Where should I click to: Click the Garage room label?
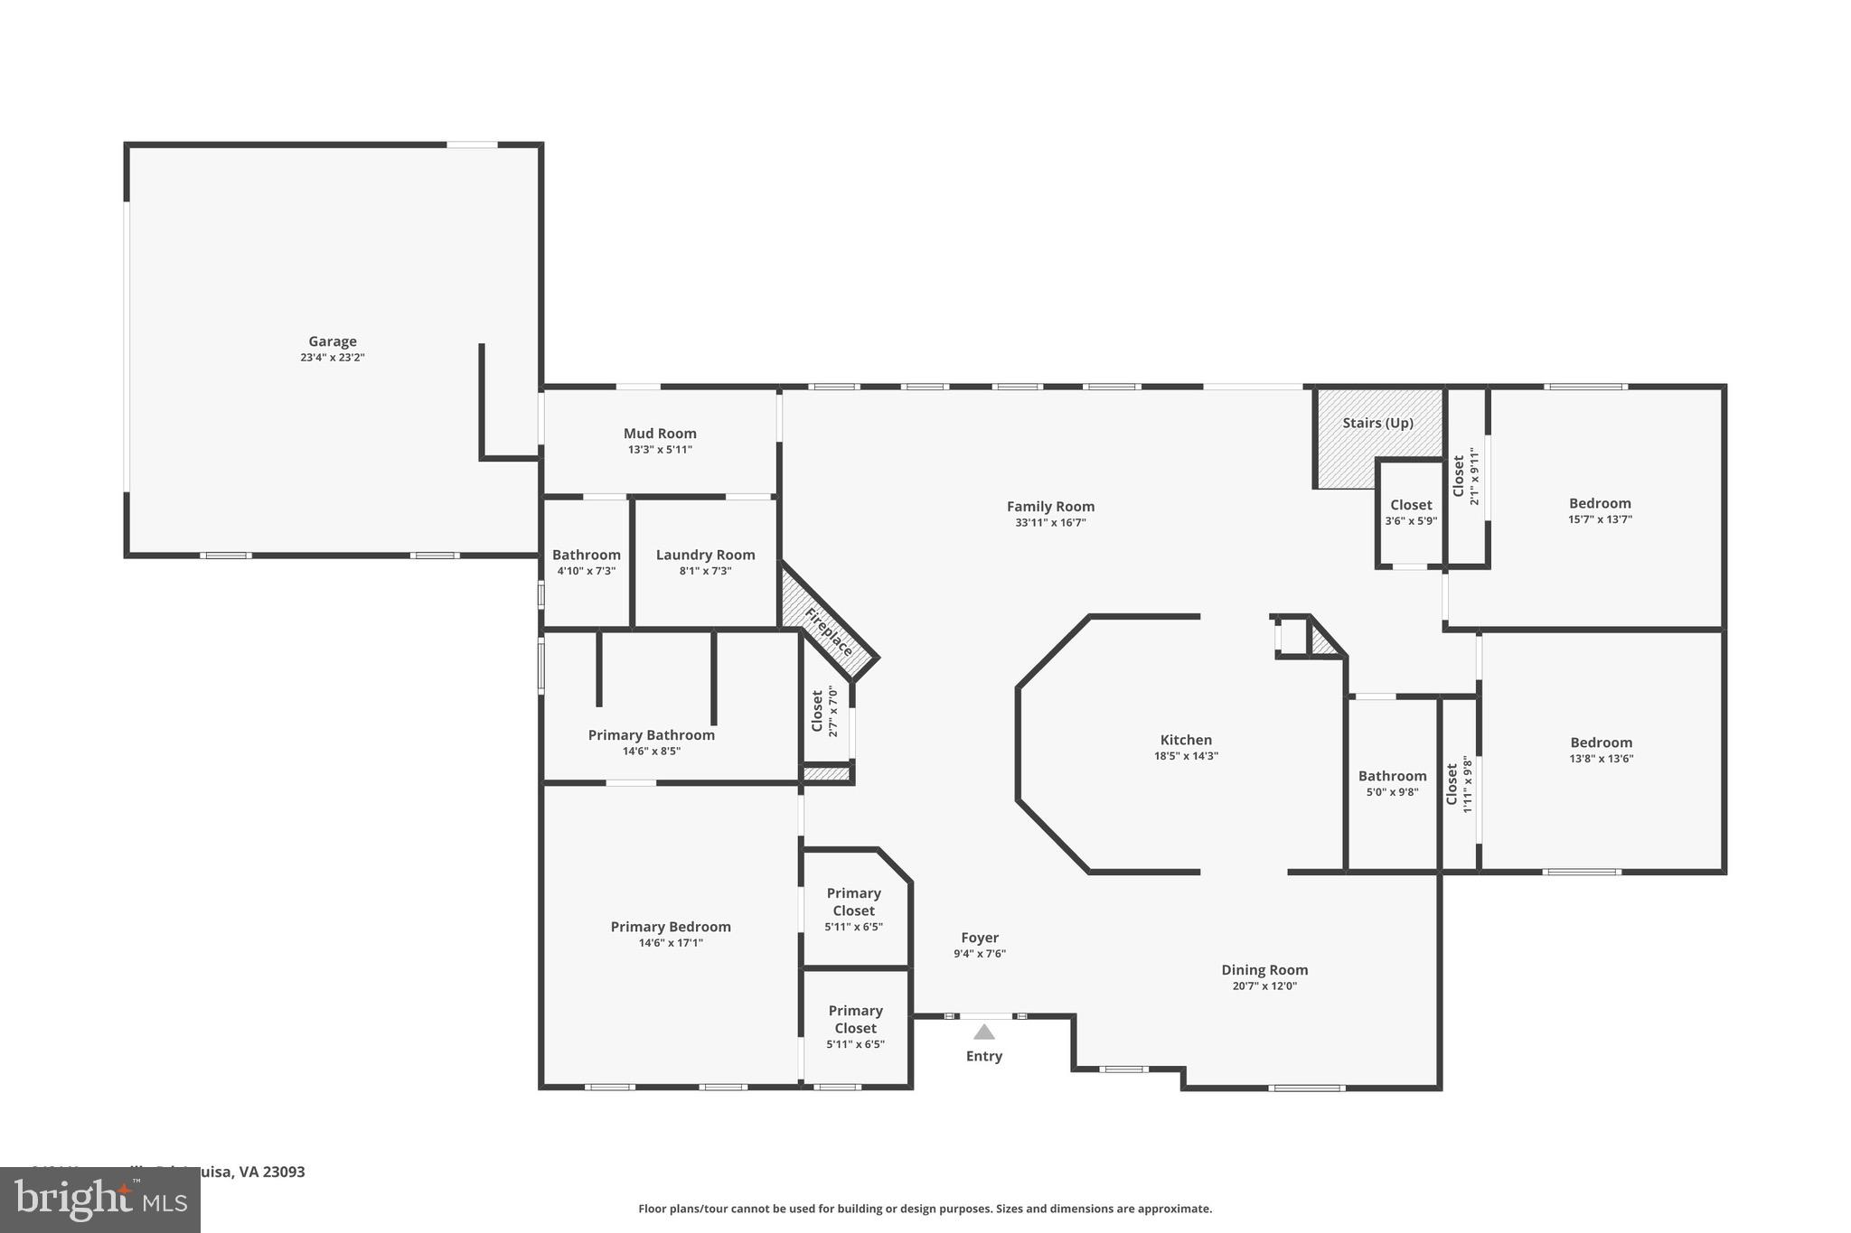click(333, 341)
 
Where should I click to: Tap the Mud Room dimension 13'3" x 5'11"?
click(660, 450)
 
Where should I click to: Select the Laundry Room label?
click(705, 555)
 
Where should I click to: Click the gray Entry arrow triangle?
click(984, 1032)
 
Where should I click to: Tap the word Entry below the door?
click(984, 1056)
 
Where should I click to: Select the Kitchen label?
click(1186, 740)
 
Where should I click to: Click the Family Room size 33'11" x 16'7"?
click(1050, 523)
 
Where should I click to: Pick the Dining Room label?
click(1264, 970)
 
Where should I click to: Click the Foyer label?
click(980, 938)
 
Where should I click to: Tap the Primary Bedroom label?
click(671, 927)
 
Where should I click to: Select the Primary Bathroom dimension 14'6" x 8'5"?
click(651, 752)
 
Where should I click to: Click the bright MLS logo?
click(100, 1200)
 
